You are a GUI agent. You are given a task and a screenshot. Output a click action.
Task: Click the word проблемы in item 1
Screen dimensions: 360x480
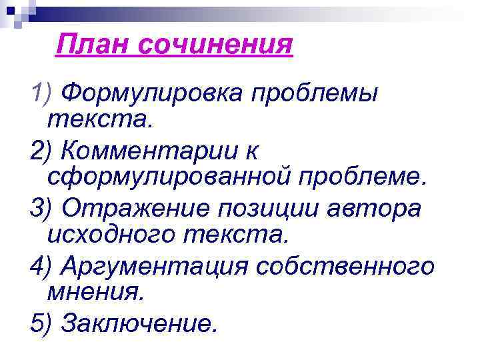tap(313, 94)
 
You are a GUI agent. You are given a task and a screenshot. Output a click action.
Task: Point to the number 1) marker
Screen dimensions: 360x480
tap(42, 94)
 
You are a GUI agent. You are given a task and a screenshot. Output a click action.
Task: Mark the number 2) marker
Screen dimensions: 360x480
tap(42, 151)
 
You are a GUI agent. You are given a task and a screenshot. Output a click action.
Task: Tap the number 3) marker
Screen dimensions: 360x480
tap(42, 209)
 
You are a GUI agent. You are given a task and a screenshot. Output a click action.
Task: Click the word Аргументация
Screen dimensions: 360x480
tap(150, 266)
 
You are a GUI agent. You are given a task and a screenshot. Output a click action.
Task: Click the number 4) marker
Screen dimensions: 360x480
tap(42, 266)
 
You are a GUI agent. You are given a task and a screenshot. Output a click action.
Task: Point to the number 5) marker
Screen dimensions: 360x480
tap(42, 323)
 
